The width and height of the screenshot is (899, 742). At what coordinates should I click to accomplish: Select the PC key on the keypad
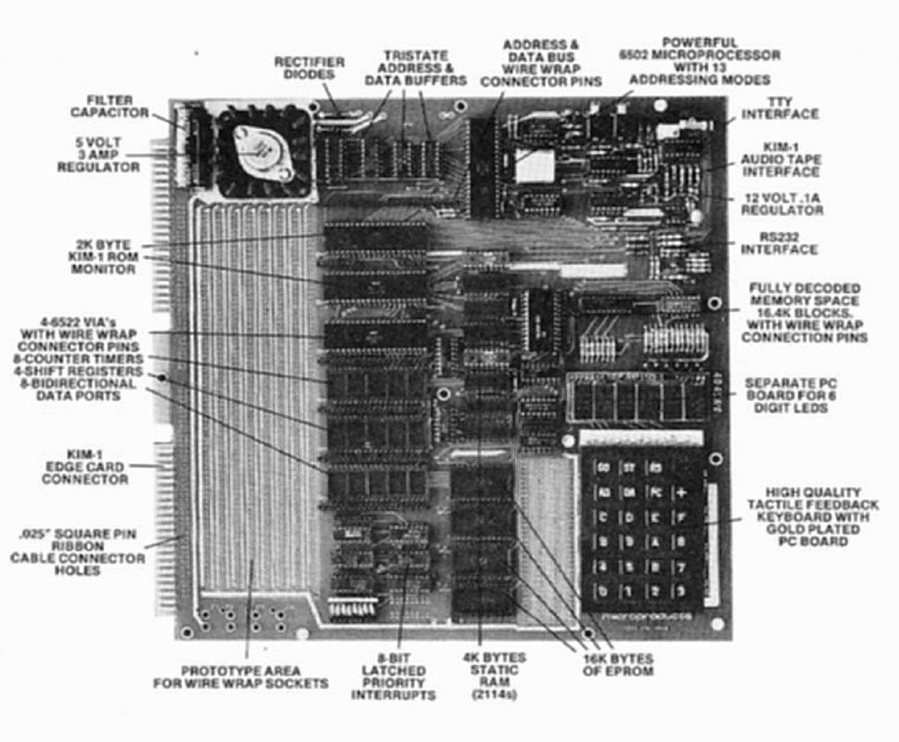(x=656, y=492)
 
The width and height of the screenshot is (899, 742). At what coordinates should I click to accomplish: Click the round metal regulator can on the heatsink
(x=262, y=151)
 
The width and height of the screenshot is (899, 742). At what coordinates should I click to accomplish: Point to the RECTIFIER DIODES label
(x=309, y=68)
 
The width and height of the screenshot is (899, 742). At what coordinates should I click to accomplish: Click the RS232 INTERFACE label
(x=779, y=243)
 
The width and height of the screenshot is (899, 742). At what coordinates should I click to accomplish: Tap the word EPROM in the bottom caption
(x=629, y=672)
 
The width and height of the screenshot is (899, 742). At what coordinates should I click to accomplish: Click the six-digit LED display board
(x=637, y=397)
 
